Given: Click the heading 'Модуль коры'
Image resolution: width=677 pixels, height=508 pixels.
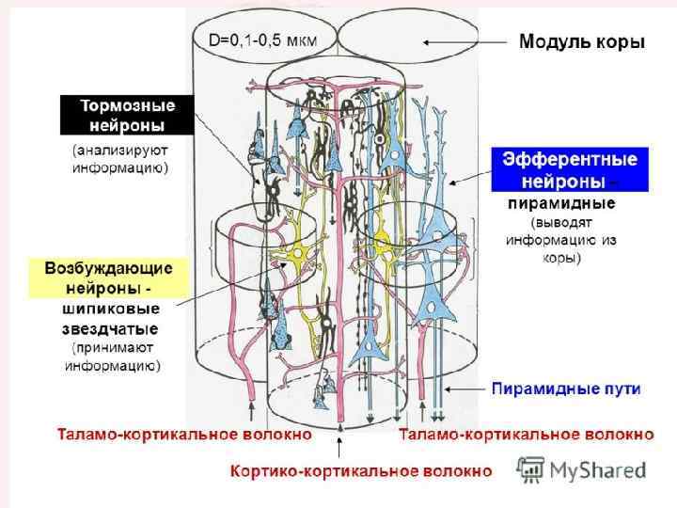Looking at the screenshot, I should click(582, 42).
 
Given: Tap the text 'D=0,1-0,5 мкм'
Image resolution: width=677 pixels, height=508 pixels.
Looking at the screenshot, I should click(261, 40).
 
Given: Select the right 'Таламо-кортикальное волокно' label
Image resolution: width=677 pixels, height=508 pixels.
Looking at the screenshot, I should click(526, 435).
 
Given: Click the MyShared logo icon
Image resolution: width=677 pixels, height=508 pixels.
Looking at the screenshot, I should click(531, 469).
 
